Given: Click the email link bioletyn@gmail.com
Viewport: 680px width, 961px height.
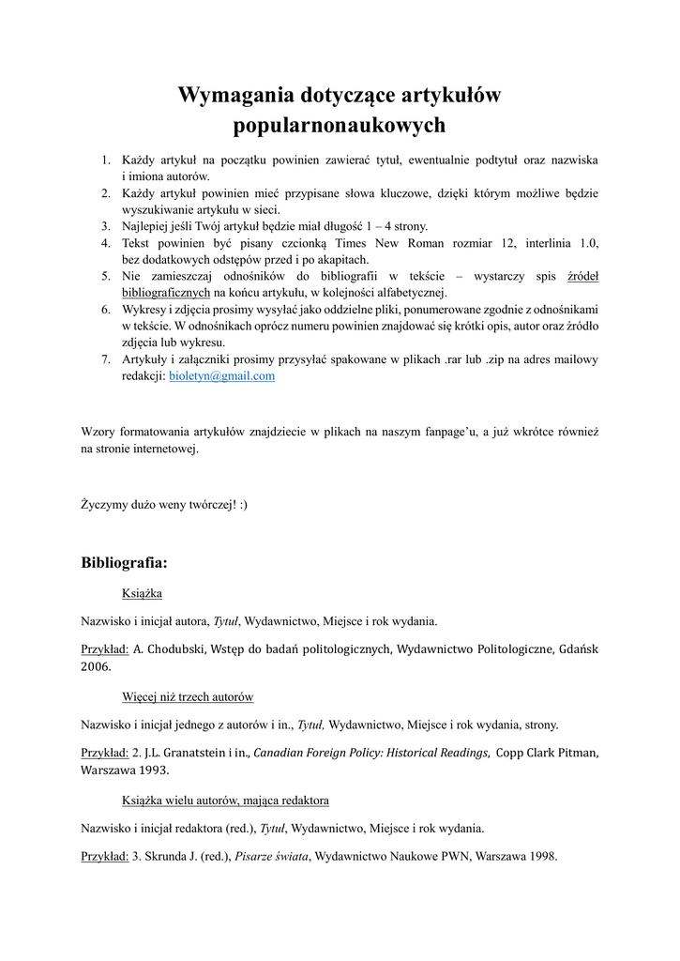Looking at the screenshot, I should (221, 375).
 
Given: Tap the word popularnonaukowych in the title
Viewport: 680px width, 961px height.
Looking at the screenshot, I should (340, 125).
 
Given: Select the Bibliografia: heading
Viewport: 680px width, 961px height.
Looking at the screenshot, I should (124, 563).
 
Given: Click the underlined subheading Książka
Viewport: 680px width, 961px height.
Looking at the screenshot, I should (143, 593).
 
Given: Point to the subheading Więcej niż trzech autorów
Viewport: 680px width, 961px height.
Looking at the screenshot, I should (188, 697).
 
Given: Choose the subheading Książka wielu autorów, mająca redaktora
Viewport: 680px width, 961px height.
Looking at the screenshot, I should (225, 801).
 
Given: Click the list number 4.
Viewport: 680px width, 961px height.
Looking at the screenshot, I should (106, 243).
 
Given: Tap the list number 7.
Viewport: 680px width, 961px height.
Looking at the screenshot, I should (106, 359).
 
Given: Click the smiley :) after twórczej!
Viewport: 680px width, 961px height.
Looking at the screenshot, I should (243, 504).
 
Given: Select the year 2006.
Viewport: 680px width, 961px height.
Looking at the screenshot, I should (95, 666).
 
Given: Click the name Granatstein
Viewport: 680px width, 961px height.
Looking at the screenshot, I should (191, 753).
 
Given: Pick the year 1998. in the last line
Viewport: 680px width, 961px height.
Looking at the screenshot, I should (543, 856).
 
